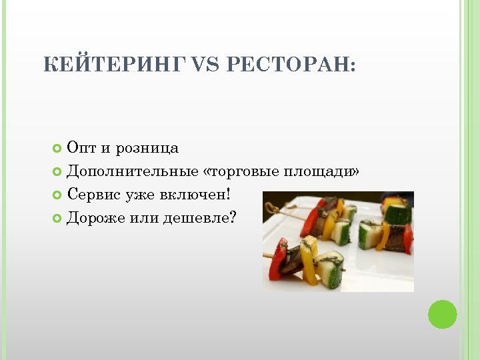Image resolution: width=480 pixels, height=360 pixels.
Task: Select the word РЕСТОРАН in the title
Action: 291,65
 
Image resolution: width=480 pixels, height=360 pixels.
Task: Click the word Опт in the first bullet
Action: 81,148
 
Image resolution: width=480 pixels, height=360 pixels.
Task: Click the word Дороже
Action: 96,218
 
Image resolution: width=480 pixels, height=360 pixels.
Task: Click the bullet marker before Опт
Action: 57,148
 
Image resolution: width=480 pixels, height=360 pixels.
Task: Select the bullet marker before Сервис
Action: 57,195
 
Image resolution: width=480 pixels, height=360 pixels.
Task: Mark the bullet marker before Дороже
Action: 57,218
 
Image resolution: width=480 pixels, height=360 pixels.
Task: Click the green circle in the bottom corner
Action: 442,315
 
